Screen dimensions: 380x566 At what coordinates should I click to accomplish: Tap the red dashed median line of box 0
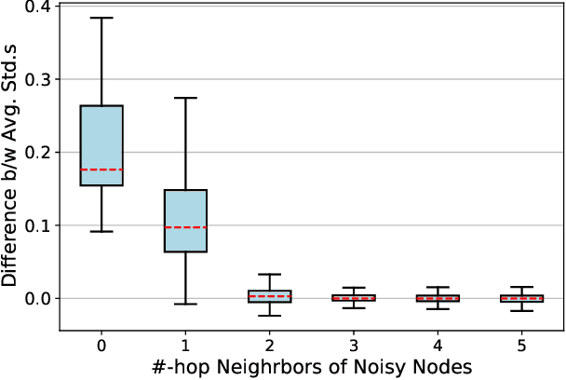click(x=101, y=170)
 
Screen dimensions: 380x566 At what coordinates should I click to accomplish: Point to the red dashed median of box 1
click(x=185, y=227)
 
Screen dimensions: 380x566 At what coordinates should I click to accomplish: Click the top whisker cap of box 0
click(x=101, y=18)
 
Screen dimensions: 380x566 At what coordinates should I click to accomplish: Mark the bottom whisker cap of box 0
click(x=101, y=231)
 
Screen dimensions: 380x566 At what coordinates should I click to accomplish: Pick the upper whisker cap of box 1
click(x=185, y=98)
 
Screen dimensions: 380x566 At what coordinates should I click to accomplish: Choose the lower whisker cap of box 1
click(x=185, y=304)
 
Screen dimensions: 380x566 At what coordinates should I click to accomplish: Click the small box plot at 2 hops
click(x=269, y=296)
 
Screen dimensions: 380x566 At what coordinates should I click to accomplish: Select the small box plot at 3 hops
click(x=353, y=298)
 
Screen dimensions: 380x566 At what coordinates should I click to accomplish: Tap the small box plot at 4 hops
click(x=438, y=298)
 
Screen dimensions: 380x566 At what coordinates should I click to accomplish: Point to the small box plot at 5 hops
click(x=521, y=298)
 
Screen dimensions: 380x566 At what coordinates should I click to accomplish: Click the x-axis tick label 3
click(x=353, y=344)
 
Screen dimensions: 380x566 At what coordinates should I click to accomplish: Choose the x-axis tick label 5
click(x=521, y=344)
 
